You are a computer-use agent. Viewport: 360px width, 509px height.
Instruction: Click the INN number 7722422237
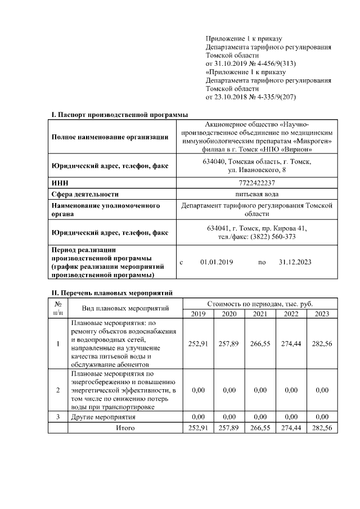click(x=256, y=183)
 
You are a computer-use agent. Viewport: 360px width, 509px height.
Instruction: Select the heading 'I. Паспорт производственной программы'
click(x=120, y=115)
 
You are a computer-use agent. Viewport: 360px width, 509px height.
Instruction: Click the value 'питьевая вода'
click(x=256, y=194)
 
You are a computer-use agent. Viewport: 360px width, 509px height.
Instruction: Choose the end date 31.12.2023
click(x=295, y=262)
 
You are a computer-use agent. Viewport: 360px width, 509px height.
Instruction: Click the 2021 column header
click(x=260, y=314)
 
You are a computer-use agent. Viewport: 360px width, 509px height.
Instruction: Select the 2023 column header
click(x=322, y=314)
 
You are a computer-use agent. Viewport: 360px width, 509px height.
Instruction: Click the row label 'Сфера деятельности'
click(x=85, y=194)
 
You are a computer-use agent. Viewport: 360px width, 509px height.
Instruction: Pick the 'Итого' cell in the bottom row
click(x=125, y=428)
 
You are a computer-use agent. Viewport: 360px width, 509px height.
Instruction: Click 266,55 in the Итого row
click(x=260, y=428)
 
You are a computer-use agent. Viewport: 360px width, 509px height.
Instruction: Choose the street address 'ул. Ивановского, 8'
click(x=256, y=169)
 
